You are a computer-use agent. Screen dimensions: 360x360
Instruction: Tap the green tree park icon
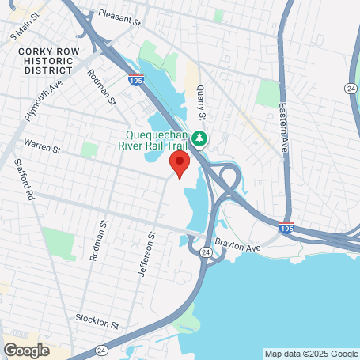[x=200, y=139]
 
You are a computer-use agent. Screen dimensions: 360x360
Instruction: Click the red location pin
[x=180, y=165]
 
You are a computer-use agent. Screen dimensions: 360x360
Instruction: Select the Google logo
[x=26, y=350]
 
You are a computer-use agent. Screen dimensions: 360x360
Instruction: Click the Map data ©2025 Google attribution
[x=310, y=354]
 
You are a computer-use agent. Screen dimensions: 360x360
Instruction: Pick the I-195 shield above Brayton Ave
[x=289, y=228]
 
